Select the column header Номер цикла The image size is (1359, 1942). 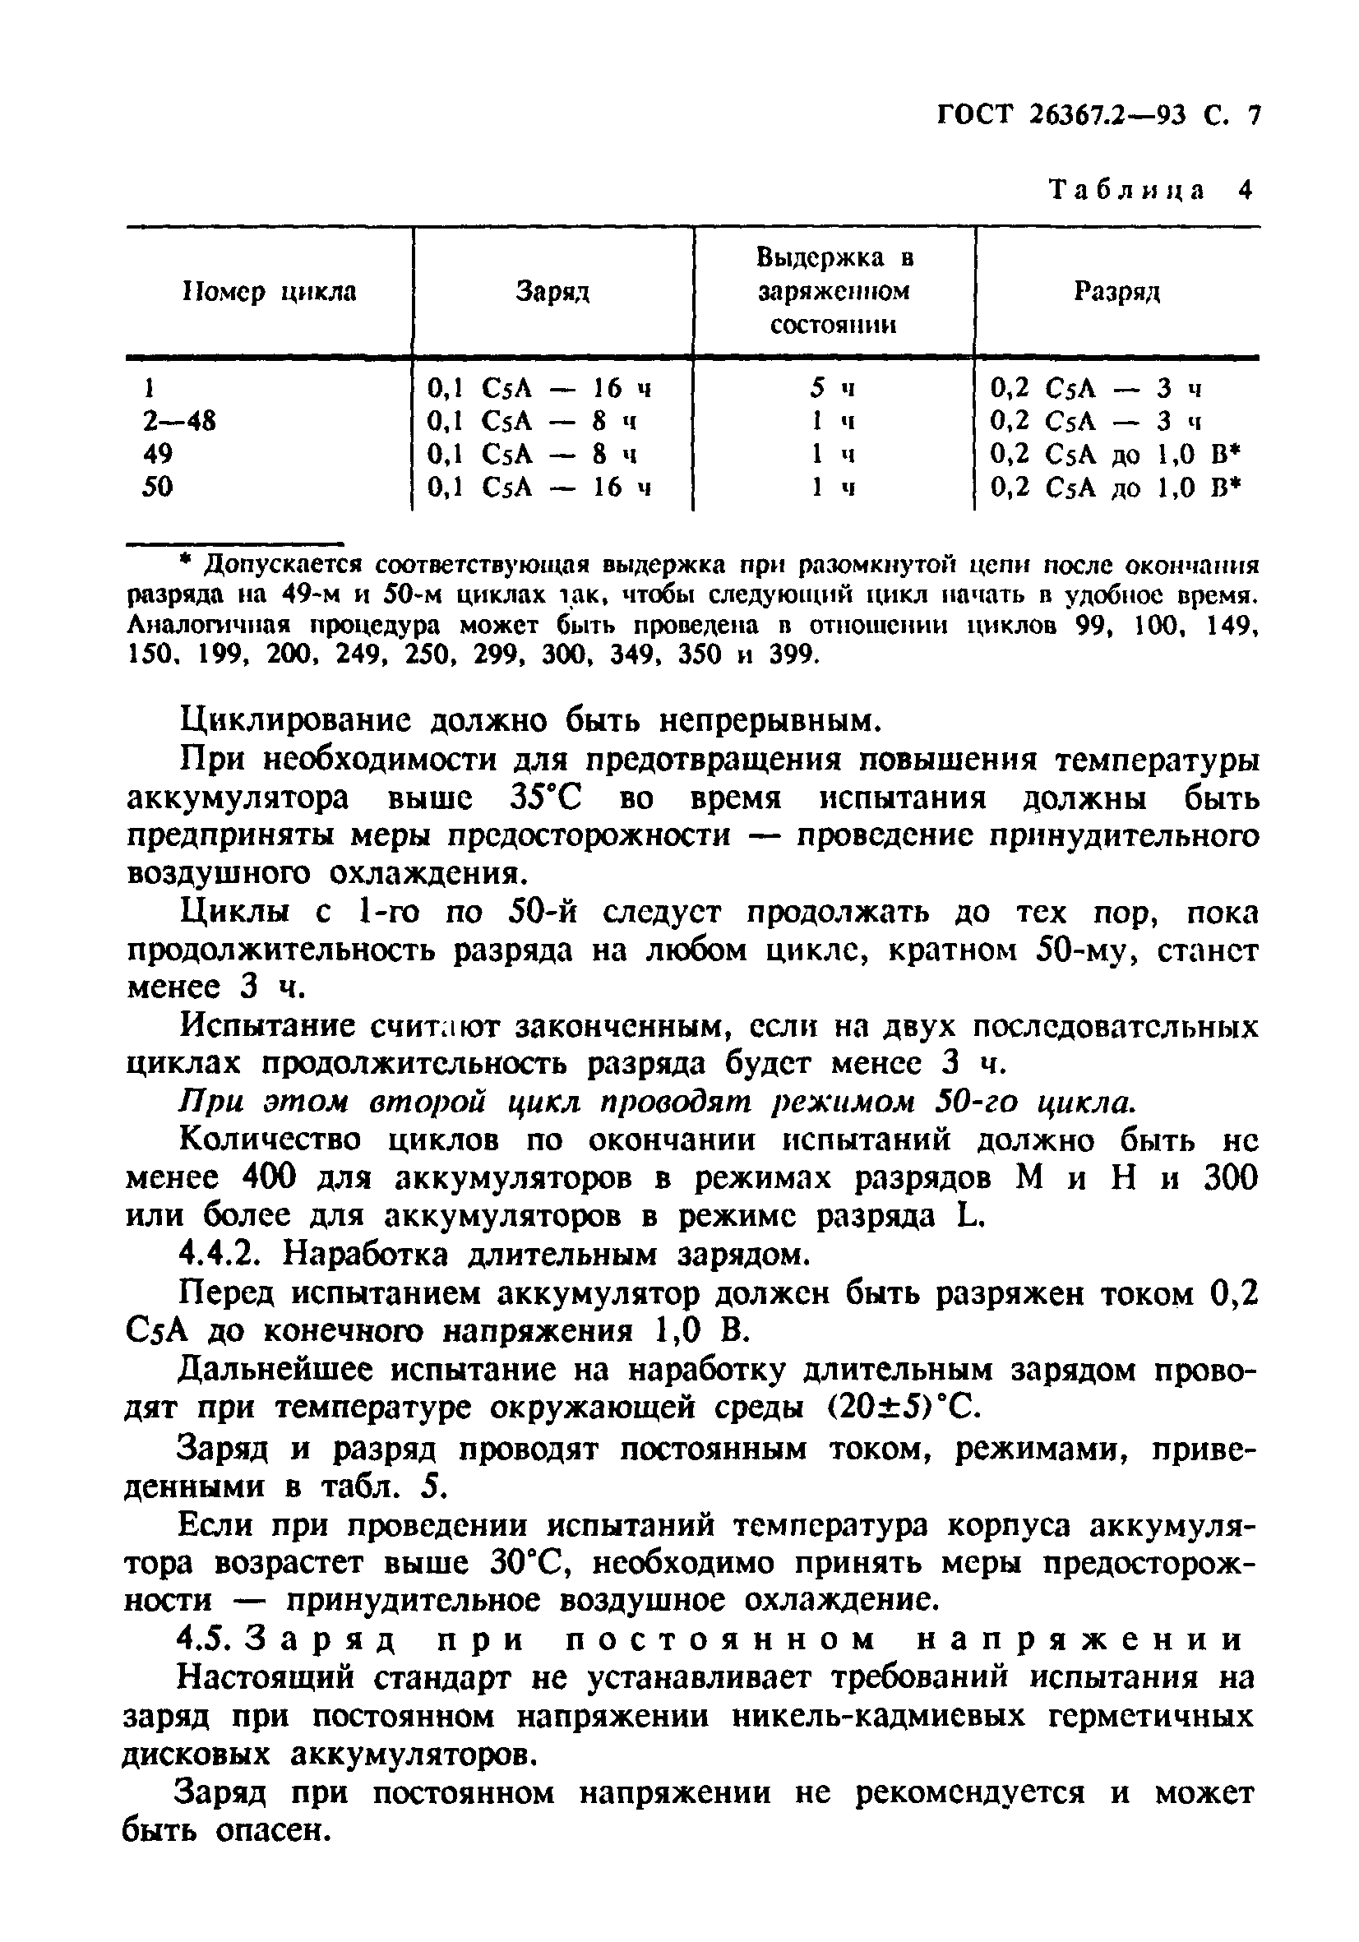[270, 293]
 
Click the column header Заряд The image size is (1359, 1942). [552, 293]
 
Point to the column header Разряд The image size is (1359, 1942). [1116, 293]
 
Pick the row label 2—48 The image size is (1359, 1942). [179, 420]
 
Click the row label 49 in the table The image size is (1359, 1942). [158, 454]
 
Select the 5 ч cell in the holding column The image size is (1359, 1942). [832, 388]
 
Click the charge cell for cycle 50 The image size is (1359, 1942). [539, 488]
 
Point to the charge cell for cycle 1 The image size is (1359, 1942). [539, 388]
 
